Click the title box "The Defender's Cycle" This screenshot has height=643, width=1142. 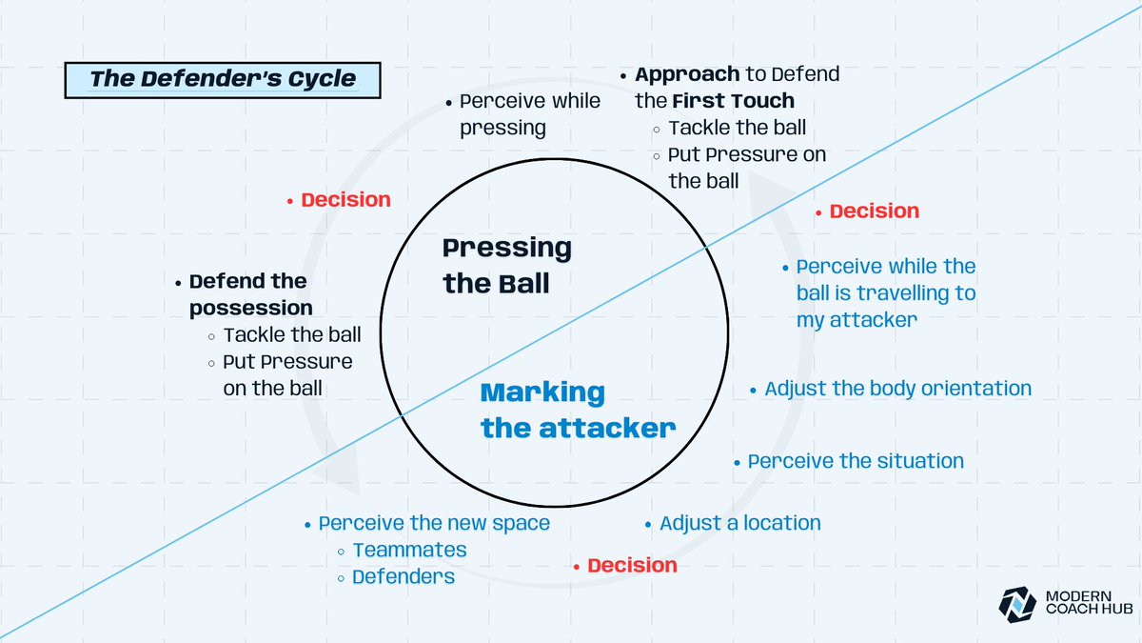point(222,79)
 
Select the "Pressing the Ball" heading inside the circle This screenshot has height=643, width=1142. point(507,266)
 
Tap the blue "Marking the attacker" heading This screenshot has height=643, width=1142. point(578,411)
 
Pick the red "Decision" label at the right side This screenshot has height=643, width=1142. point(874,211)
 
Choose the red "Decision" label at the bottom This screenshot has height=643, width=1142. point(632,566)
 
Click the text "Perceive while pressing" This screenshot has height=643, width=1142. point(529,114)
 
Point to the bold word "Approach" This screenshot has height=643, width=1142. point(687,74)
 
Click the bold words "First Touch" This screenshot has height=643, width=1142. point(733,101)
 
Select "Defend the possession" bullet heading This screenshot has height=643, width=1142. point(249,294)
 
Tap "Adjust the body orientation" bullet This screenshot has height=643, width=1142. point(897,389)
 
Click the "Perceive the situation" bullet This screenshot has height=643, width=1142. point(856,461)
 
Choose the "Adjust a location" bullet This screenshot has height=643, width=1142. point(739,523)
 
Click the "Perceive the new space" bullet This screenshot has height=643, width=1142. point(434,523)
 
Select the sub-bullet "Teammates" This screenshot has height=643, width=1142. point(409,550)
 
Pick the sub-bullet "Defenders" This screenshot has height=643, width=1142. point(404,576)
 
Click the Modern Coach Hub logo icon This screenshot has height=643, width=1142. point(1016,601)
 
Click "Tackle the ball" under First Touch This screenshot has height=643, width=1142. point(737,128)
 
